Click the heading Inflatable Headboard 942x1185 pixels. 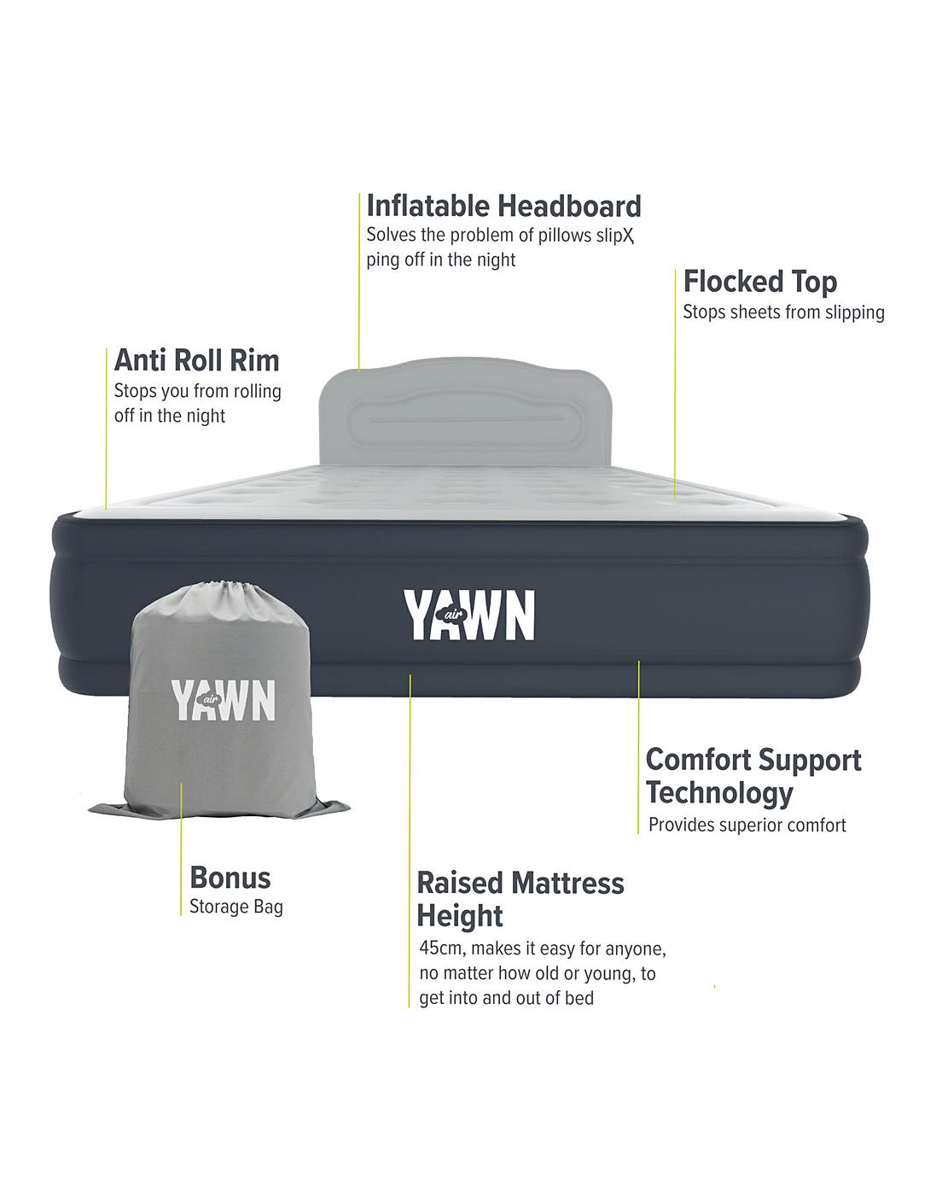[x=503, y=207]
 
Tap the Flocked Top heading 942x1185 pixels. [x=759, y=282]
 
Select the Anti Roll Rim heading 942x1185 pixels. [x=196, y=360]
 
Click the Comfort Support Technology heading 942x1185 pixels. [x=753, y=775]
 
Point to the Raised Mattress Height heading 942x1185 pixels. [x=520, y=898]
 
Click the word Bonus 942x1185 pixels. [x=230, y=878]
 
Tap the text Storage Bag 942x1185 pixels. [x=235, y=907]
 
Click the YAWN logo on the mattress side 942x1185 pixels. [x=469, y=615]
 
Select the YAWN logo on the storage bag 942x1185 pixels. [x=224, y=700]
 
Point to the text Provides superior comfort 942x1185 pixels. [x=747, y=826]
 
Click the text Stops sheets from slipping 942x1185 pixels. [x=783, y=312]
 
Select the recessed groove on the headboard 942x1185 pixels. [x=465, y=420]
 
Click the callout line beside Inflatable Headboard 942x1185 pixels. [x=359, y=282]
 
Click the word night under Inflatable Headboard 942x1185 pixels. [x=496, y=260]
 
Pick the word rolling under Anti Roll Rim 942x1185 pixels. [x=258, y=392]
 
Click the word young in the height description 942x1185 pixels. [x=608, y=973]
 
